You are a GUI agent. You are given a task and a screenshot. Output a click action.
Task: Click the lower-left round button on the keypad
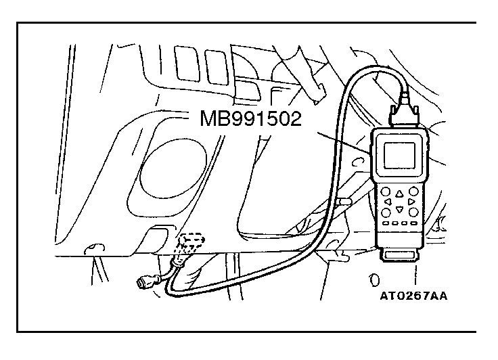tap(386, 212)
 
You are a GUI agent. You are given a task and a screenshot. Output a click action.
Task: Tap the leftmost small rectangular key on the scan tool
tap(385, 223)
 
